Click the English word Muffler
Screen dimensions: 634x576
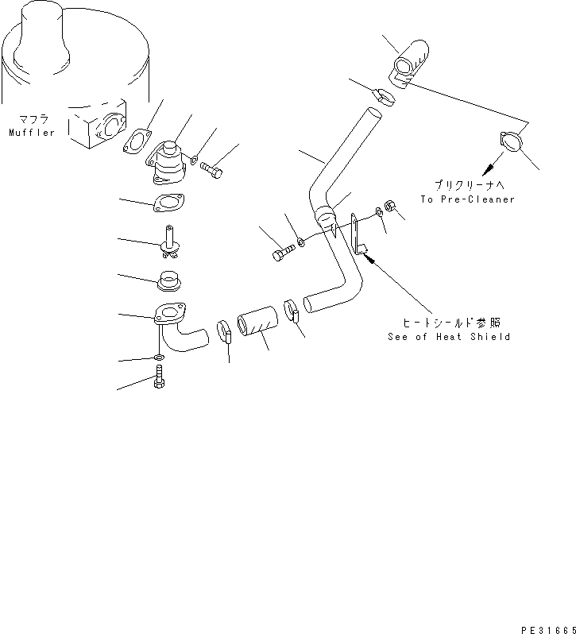click(32, 133)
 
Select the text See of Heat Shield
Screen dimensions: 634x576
click(449, 337)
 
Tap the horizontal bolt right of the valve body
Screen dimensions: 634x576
click(211, 168)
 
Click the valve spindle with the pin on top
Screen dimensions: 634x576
click(169, 241)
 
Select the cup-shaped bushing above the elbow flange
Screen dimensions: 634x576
click(168, 280)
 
